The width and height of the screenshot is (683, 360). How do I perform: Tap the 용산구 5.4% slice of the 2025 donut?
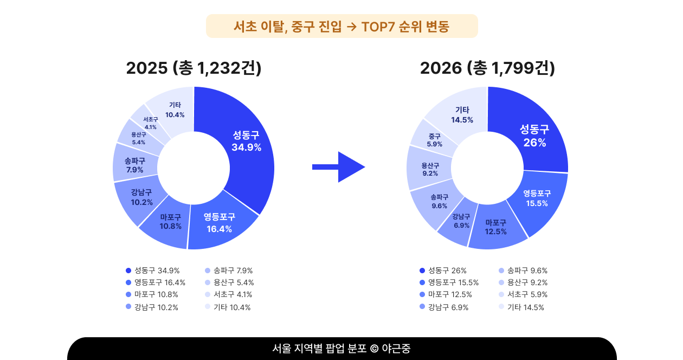[x=139, y=138]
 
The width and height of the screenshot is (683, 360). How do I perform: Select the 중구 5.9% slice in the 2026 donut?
[x=434, y=140]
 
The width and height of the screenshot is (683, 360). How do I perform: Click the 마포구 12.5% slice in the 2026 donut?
[x=496, y=228]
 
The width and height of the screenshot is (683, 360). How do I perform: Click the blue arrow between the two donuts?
[x=338, y=167]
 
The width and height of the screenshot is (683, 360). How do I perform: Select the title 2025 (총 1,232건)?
[x=194, y=68]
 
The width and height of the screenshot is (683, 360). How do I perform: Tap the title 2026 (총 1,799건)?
[x=487, y=68]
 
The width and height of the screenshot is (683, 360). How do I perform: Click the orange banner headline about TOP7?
[x=341, y=26]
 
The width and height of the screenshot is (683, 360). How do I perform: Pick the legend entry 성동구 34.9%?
[x=152, y=271]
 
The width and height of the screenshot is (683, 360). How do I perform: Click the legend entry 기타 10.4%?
[x=228, y=307]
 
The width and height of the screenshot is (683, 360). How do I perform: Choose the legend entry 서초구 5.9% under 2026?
[x=523, y=294]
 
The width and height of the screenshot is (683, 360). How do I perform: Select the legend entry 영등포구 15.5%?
[x=449, y=282]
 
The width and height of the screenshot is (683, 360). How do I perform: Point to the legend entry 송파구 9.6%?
[x=523, y=271]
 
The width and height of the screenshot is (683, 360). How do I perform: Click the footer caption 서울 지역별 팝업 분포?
[x=319, y=349]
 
